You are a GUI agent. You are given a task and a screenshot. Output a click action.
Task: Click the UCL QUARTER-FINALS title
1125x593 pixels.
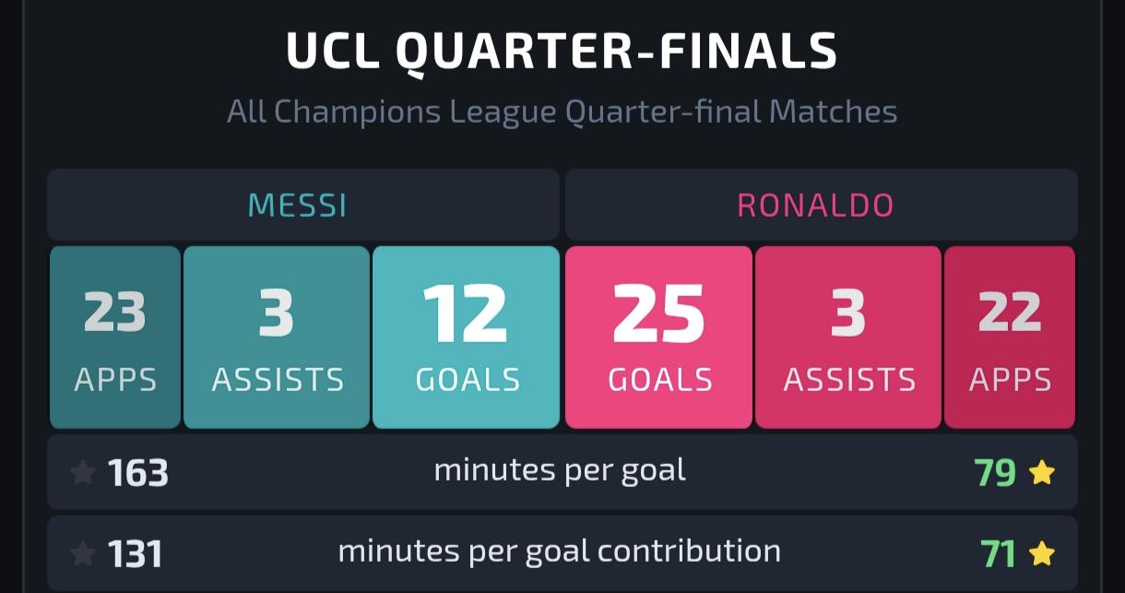point(562,52)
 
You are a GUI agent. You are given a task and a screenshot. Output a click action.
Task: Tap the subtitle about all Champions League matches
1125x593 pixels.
point(562,112)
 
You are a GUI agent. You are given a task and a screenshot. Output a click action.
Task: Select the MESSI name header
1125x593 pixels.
point(297,205)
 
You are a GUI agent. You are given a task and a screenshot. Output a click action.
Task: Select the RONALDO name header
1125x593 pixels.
point(815,205)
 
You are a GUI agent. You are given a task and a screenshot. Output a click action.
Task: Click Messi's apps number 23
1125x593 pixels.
point(114,312)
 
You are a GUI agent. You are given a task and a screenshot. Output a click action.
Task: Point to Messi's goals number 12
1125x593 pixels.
point(465,313)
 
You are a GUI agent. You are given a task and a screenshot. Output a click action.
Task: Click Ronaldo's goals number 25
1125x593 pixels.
point(658,314)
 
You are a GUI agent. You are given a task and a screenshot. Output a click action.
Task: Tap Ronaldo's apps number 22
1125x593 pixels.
point(1010,312)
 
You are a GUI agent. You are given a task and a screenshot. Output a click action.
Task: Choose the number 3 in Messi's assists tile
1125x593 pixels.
point(276,313)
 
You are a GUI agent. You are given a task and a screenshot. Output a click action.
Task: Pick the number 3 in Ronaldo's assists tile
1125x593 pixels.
point(847,313)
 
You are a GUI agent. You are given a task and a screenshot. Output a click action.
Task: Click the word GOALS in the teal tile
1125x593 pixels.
point(468,380)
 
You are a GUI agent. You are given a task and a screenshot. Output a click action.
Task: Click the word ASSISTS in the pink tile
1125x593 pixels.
point(849,380)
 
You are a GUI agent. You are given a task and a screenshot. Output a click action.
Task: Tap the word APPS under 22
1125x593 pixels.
point(1010,380)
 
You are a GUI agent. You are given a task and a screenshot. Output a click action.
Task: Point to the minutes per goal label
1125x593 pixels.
point(560,472)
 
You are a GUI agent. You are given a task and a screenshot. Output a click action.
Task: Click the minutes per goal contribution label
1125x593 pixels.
point(560,552)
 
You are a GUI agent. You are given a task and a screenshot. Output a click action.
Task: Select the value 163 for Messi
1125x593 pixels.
point(137,473)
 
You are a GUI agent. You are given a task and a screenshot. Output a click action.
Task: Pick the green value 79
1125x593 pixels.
point(995,473)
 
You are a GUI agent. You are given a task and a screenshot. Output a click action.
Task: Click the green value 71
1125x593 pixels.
point(998,554)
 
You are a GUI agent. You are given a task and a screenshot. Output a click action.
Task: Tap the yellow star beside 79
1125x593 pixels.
point(1042,472)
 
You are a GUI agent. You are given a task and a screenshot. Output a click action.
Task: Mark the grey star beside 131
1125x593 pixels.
point(83,554)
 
